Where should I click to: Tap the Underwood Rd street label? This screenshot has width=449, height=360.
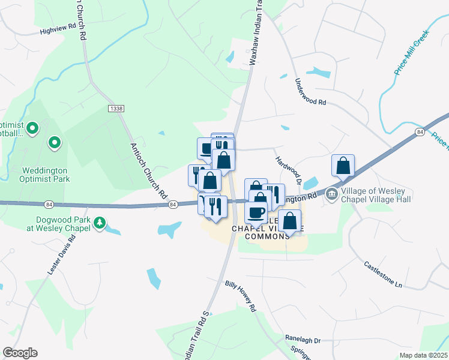(x=310, y=92)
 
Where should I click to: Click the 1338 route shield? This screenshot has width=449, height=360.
(x=116, y=108)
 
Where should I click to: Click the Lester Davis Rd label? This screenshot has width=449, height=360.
(x=62, y=256)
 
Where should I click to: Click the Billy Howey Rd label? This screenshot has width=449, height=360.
(x=241, y=296)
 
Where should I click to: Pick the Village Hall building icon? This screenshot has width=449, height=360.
(x=331, y=194)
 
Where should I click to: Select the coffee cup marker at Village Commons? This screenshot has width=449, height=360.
(x=256, y=212)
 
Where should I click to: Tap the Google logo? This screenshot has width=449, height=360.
(x=20, y=353)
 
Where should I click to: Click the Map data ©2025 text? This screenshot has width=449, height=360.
(x=423, y=355)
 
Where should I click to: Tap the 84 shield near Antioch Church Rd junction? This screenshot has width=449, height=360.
(x=173, y=205)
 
